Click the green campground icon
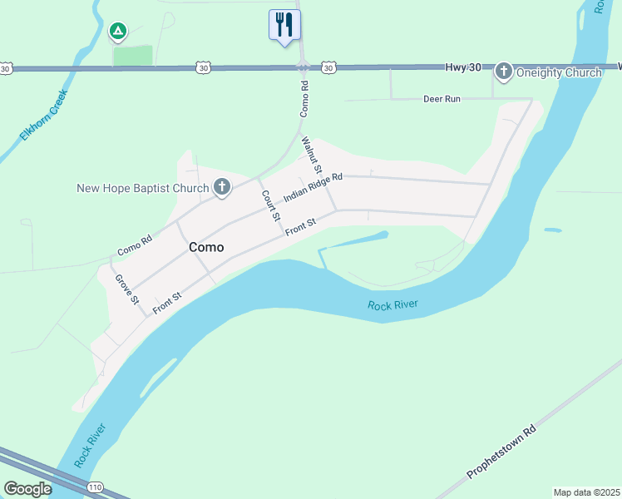[118, 32]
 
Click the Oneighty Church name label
[558, 72]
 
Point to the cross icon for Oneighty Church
[503, 72]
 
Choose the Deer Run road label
[442, 98]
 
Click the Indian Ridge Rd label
[313, 188]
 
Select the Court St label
[269, 205]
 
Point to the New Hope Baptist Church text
[142, 188]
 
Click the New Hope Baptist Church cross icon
[221, 188]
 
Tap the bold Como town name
[205, 247]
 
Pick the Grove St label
[126, 289]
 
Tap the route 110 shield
[96, 486]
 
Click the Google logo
[27, 489]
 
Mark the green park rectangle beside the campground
[133, 56]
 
